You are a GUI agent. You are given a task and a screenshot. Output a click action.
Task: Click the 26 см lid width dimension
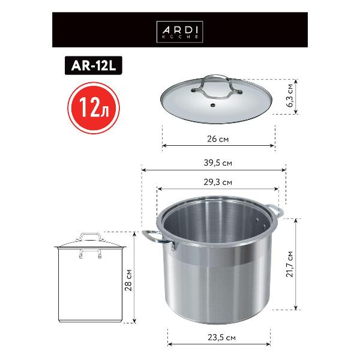[x=218, y=139]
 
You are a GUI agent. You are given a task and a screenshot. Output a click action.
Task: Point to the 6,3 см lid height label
[x=290, y=96]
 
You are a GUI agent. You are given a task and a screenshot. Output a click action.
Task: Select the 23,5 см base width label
[x=218, y=338]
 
